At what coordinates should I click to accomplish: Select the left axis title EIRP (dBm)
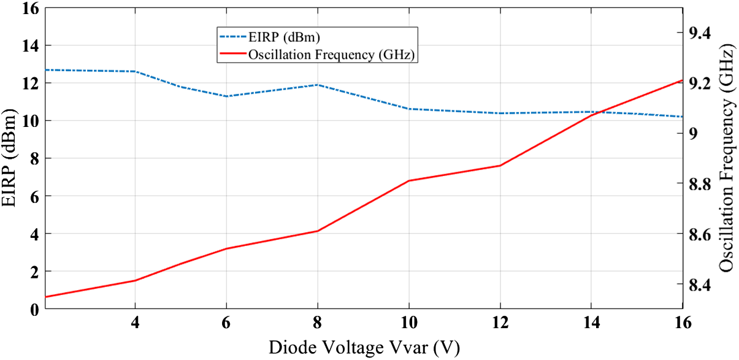point(10,158)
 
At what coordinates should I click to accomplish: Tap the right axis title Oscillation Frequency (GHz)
point(727,158)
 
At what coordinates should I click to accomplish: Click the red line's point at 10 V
point(408,181)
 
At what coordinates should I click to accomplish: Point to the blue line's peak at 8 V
point(317,85)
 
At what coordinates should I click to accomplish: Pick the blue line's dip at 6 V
point(226,96)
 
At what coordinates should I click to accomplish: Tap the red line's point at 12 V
point(500,166)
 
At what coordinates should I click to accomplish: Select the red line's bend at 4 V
point(134,280)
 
